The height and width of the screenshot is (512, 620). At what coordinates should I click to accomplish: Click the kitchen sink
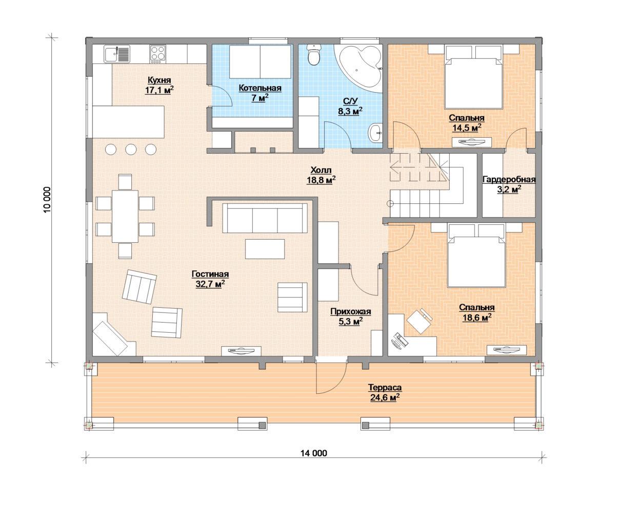coord(117,54)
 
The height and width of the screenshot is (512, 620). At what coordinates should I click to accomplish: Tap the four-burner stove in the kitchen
coord(157,54)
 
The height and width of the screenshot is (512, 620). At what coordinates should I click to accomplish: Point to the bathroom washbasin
coord(375,133)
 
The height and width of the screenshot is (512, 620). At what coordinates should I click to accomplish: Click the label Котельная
coord(260,88)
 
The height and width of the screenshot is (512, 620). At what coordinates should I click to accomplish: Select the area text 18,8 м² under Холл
coord(322,180)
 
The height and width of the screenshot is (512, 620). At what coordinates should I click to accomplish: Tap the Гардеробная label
coord(509,179)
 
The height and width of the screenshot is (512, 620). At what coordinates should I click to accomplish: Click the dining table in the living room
coord(125,216)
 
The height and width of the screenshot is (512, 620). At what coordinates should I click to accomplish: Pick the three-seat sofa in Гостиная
coord(265,218)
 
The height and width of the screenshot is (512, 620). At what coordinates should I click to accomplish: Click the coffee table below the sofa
coord(265,249)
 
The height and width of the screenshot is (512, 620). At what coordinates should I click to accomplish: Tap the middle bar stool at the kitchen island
coord(131,149)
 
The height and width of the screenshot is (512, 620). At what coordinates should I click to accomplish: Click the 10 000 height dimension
coord(47,200)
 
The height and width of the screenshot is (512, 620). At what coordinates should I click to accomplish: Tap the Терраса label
coord(385,388)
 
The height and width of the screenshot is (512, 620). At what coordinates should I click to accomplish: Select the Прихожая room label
coord(351,312)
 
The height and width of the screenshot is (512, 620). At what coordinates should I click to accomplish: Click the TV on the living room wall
coord(242,351)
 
